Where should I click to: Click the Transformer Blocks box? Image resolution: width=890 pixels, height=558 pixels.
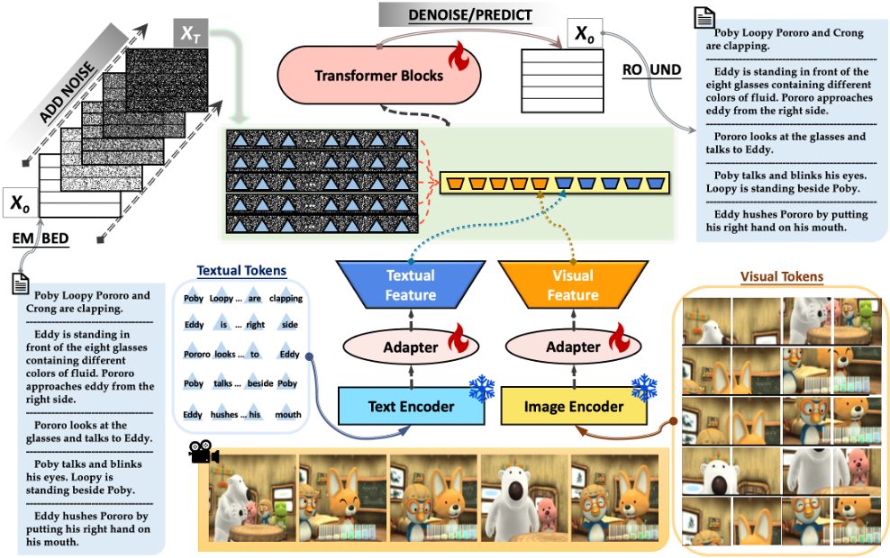[378, 75]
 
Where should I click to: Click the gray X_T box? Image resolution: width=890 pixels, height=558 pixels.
[189, 32]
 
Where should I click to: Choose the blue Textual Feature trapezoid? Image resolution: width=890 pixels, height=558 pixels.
[411, 284]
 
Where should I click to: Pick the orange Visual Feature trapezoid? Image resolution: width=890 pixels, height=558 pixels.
[573, 284]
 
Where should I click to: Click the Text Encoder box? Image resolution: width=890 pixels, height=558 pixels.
[410, 406]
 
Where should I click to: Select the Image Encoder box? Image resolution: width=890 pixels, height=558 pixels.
[573, 406]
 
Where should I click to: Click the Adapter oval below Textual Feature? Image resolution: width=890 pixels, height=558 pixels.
[411, 346]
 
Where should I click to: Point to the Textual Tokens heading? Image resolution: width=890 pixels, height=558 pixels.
[241, 270]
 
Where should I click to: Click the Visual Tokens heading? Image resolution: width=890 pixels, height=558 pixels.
[781, 276]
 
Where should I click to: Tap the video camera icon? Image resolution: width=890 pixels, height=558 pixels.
[204, 453]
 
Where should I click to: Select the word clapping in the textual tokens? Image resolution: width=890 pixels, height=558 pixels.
[286, 299]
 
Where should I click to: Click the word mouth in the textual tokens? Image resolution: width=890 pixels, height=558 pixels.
[288, 415]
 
